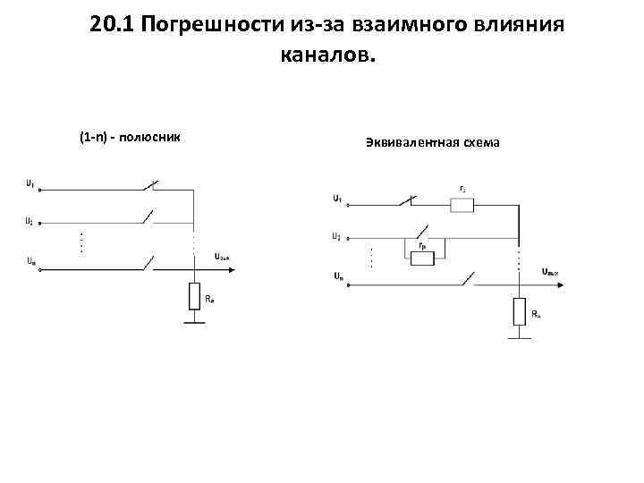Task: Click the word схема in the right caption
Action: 482,142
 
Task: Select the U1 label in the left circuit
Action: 30,184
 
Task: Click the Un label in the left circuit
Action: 30,262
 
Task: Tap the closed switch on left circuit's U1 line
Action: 149,188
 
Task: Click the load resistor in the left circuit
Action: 194,296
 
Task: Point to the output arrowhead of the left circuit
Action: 237,267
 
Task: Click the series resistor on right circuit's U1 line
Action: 462,205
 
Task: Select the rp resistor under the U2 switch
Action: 420,258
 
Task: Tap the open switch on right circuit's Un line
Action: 465,280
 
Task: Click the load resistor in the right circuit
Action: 520,312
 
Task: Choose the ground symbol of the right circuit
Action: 520,338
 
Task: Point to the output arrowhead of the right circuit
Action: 563,285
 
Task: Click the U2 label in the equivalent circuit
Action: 336,237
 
